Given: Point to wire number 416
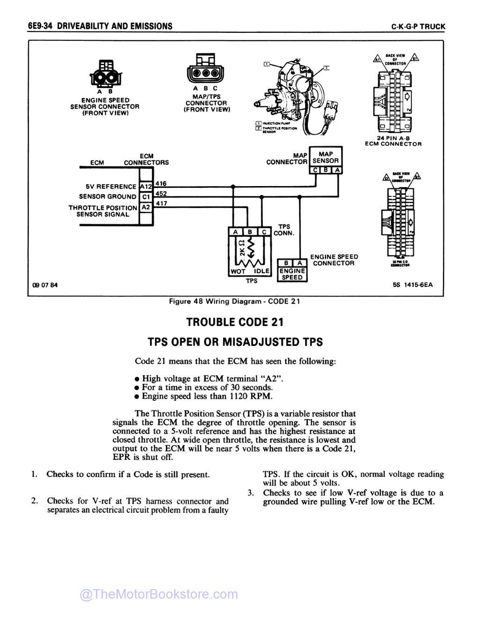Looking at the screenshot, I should point(161,183).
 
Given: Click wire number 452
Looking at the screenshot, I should point(161,193).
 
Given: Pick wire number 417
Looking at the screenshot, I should point(161,203).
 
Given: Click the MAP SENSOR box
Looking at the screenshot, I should point(326,157).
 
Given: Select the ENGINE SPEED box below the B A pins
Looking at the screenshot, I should point(292,274).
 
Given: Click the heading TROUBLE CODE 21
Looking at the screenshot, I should point(235,322).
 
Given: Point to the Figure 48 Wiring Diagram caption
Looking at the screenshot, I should point(234,301).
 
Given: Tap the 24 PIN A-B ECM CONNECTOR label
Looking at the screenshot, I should point(393,141).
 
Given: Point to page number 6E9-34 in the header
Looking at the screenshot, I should point(39,26).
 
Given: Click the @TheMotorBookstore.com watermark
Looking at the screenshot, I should point(159,594).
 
